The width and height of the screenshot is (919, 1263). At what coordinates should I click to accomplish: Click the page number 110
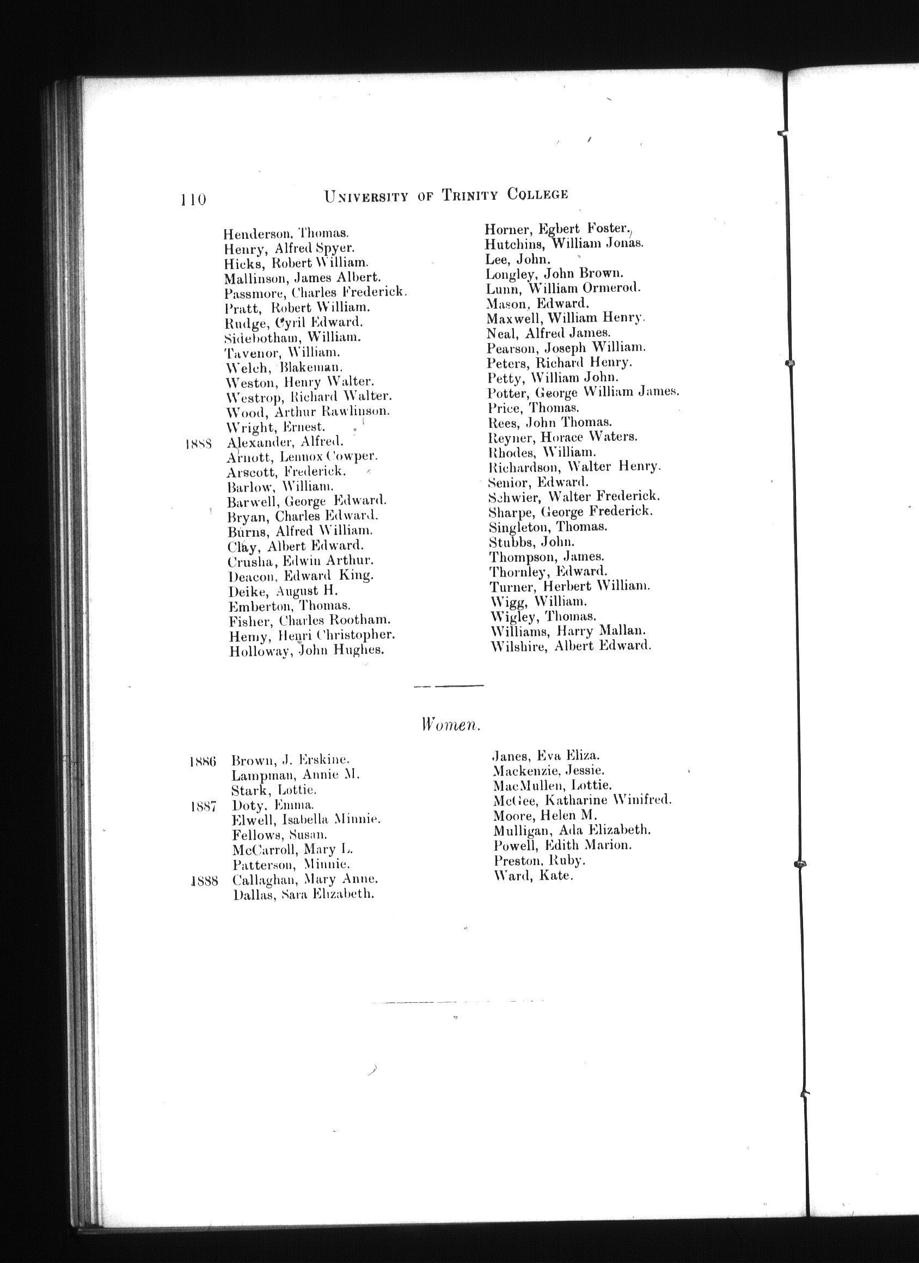coord(193,199)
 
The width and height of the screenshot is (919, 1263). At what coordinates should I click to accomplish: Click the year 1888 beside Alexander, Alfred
coord(198,444)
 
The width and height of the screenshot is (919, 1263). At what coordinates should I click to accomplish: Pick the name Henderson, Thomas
coord(286,234)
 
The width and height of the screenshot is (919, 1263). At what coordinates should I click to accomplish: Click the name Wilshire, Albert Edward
coord(571,646)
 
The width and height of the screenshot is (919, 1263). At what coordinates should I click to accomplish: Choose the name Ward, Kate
coord(533,875)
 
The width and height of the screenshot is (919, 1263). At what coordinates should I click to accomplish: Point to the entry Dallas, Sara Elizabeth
coord(304,895)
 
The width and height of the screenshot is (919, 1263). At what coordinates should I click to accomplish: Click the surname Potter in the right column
coord(507,393)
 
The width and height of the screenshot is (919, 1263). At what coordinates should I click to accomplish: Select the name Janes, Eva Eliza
coord(546,756)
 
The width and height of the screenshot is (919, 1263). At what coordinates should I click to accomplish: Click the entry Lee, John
coord(518,259)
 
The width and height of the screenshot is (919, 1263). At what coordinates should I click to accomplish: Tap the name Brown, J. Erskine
coord(290,760)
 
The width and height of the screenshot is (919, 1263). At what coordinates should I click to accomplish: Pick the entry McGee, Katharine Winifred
coord(583,800)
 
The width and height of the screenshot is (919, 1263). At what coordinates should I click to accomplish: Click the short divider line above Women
coord(449,685)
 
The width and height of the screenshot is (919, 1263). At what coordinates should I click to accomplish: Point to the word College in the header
coord(537,194)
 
